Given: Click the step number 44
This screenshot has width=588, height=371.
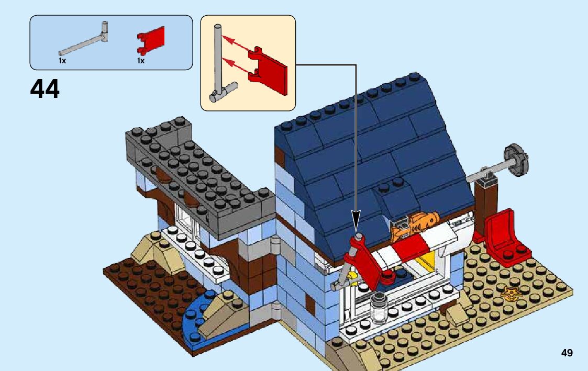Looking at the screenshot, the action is coord(45,89).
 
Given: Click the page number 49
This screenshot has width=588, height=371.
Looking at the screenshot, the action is coord(567,353).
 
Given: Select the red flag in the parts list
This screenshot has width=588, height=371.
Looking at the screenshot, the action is coord(151,40).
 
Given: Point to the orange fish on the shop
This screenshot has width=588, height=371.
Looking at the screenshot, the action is coord(418,220).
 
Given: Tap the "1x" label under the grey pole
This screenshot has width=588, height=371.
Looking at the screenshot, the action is coord(62,61).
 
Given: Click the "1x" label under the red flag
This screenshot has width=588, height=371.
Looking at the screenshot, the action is coord(140,61).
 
